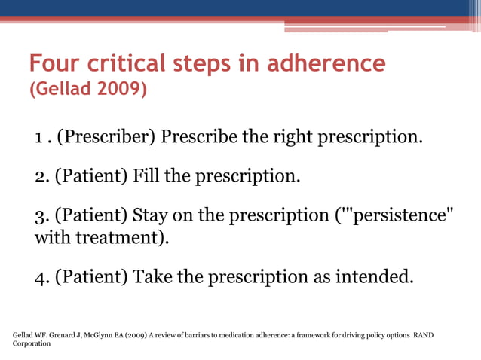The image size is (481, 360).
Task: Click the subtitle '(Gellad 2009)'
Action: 87,90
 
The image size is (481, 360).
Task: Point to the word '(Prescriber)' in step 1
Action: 106,138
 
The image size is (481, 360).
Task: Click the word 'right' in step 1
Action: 284,138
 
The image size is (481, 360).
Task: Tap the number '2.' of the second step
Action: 42,178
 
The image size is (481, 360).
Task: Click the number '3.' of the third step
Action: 42,217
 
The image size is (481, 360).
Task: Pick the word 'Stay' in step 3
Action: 152,217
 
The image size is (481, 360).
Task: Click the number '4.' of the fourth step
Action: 42,277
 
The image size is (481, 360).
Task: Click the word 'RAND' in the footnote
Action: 424,334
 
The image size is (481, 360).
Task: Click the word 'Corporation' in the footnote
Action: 32,343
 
